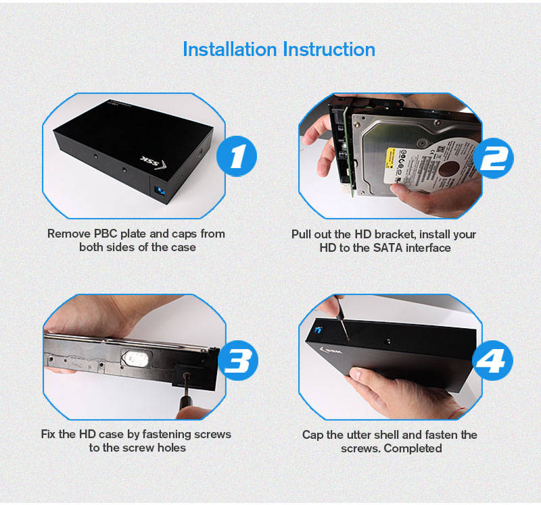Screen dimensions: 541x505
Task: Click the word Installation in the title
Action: tap(230, 49)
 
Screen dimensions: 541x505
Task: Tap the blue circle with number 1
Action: tap(237, 156)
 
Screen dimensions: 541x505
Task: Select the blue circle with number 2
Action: tap(493, 158)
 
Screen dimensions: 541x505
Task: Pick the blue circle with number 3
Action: tap(237, 361)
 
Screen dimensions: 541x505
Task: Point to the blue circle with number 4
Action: tap(493, 361)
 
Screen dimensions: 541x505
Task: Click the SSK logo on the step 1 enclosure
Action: tap(154, 162)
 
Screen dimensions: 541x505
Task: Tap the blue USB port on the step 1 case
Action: tap(160, 190)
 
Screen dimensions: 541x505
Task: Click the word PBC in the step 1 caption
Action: tap(106, 234)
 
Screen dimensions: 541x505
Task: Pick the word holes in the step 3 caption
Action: tap(172, 448)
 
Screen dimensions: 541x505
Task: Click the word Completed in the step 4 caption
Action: tap(413, 449)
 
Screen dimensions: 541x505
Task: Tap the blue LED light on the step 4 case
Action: tap(318, 330)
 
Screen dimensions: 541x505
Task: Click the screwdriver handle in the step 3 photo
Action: tap(186, 403)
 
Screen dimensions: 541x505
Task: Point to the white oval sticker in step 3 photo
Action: tap(136, 359)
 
